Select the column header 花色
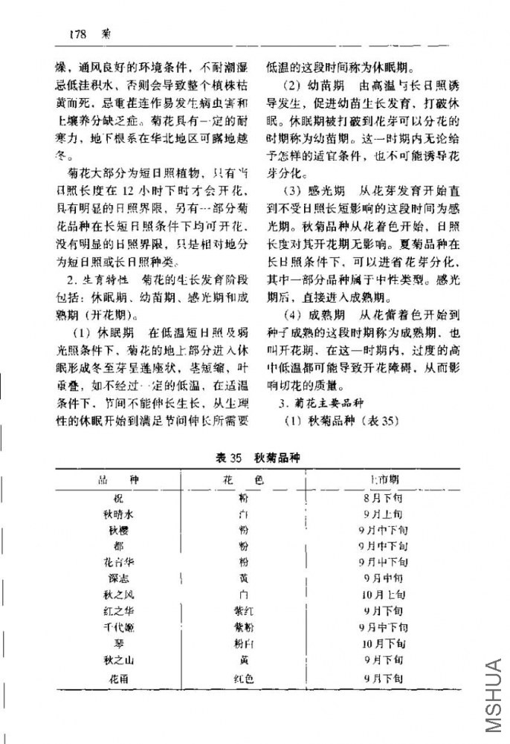[243, 481]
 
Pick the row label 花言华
[118, 562]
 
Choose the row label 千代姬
[119, 627]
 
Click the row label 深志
[119, 578]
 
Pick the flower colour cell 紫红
[243, 611]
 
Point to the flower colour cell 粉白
[243, 644]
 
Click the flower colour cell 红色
[243, 678]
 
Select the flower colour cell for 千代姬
[243, 627]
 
